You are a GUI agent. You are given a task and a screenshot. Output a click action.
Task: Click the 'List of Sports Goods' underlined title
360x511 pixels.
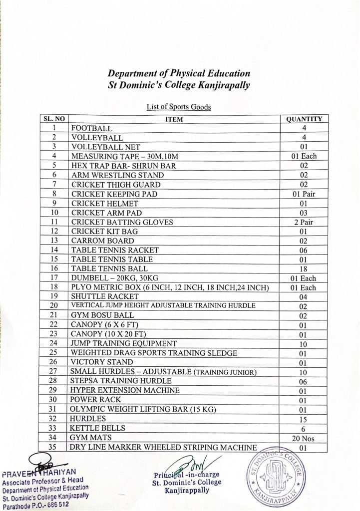(x=180, y=106)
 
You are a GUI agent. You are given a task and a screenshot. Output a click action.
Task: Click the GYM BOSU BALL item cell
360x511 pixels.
(x=97, y=315)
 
